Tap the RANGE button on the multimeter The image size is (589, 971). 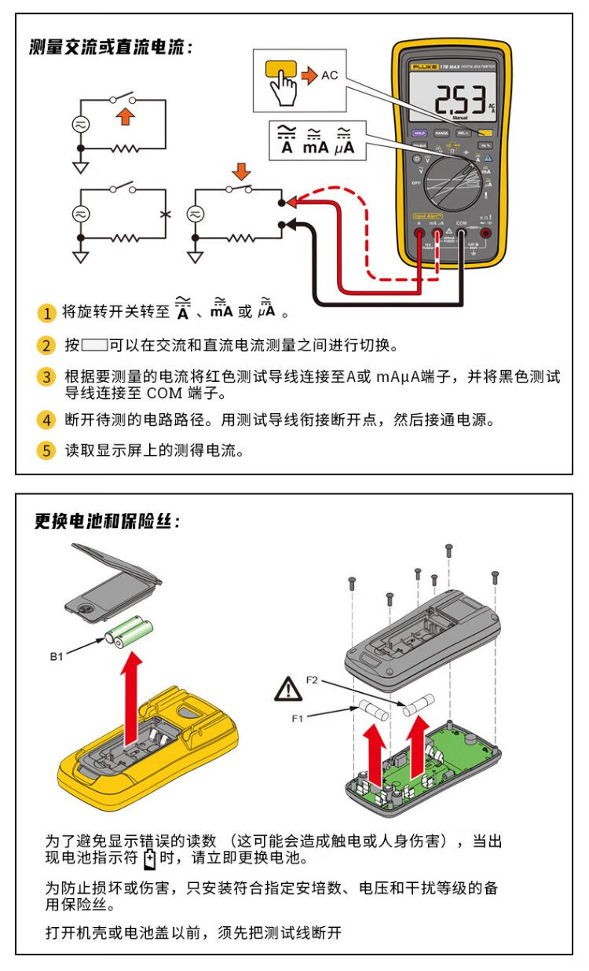coord(441,134)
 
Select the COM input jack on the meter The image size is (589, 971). coord(462,233)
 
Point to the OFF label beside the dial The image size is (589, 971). coord(416,183)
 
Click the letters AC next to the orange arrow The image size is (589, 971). coord(330,75)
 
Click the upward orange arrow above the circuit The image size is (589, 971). coord(126,118)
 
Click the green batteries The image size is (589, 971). coord(130,632)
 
